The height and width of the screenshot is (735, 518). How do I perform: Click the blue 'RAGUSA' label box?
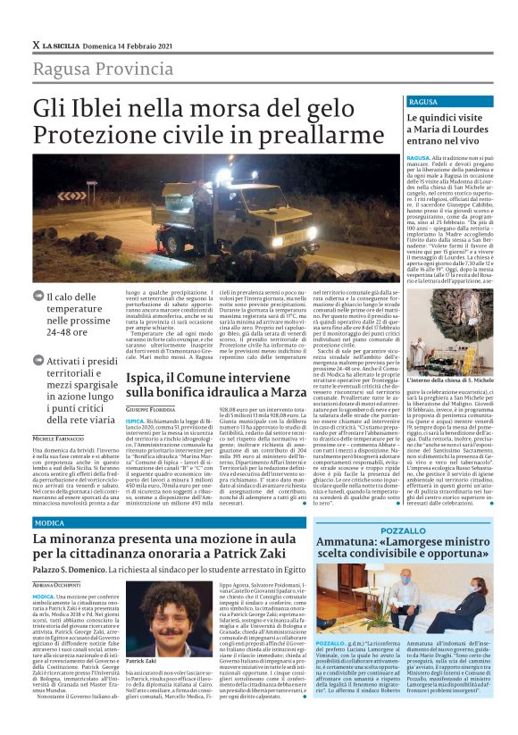422,102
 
